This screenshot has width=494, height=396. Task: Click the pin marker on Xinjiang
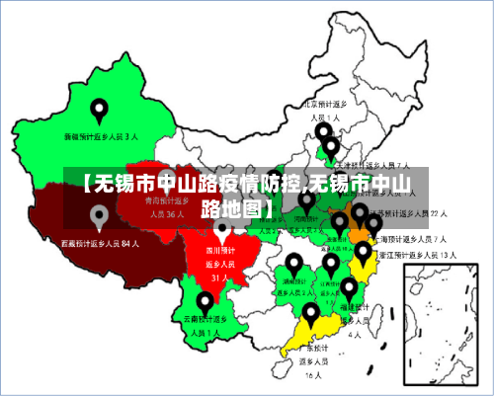(x=99, y=110)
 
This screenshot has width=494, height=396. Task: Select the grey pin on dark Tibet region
(x=99, y=216)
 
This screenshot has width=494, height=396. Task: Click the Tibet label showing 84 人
(x=99, y=242)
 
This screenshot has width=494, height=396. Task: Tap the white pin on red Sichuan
(x=222, y=231)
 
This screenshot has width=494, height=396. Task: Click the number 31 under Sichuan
(x=219, y=277)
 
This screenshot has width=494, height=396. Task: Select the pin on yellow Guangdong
(x=312, y=314)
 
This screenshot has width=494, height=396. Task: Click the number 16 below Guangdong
(x=312, y=375)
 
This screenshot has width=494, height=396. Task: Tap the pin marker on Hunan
(x=294, y=264)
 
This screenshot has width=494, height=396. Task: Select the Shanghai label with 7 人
(x=414, y=238)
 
